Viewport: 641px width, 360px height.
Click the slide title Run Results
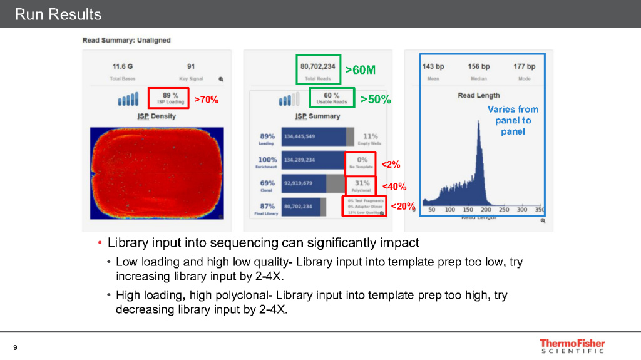coord(58,14)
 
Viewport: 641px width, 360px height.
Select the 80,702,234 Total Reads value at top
coord(317,66)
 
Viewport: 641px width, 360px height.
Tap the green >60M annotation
coord(361,70)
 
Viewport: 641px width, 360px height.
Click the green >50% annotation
coord(376,100)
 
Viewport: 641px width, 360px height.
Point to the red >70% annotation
coord(206,100)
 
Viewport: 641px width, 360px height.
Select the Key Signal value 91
coord(191,66)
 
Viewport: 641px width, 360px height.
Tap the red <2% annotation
coord(391,165)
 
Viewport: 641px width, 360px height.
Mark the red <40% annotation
coord(394,187)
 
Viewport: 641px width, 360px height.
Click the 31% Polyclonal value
coord(362,183)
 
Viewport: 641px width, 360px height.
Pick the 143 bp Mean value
coord(433,66)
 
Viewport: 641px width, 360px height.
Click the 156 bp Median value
coord(479,66)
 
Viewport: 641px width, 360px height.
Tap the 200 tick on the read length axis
coord(486,210)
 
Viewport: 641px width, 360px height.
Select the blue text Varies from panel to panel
coord(513,120)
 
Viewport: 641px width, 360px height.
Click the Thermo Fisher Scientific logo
coord(572,346)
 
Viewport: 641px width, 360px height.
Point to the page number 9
coord(15,347)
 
